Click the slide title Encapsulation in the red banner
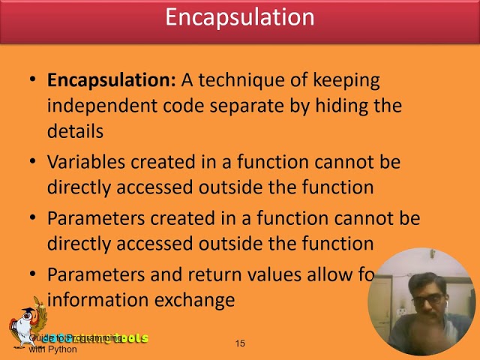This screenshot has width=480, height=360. pyautogui.click(x=239, y=17)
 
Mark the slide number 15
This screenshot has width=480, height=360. pyautogui.click(x=240, y=343)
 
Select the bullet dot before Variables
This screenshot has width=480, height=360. pyautogui.click(x=31, y=162)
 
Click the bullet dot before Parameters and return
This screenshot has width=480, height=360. pyautogui.click(x=31, y=275)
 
